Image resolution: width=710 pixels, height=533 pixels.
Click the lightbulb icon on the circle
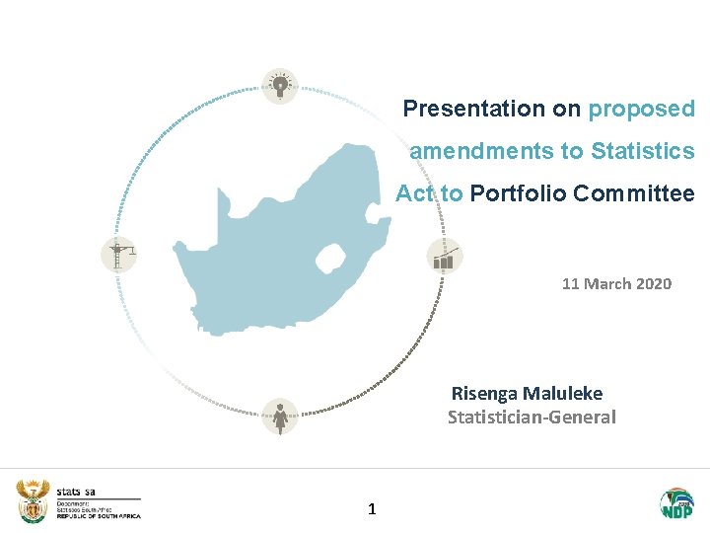(280, 87)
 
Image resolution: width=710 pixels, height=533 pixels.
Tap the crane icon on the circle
(119, 256)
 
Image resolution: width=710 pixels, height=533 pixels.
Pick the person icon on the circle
(281, 417)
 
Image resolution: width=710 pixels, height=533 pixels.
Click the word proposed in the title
(642, 109)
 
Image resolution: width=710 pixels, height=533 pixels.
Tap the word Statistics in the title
(643, 151)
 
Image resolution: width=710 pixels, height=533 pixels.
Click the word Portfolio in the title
(515, 193)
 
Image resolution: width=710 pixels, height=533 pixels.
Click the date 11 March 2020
(616, 284)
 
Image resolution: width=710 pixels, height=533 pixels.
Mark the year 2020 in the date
(654, 284)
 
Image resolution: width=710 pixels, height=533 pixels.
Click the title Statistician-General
(532, 418)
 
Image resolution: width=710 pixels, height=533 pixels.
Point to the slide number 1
(371, 509)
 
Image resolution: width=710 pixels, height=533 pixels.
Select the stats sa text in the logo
(76, 491)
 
